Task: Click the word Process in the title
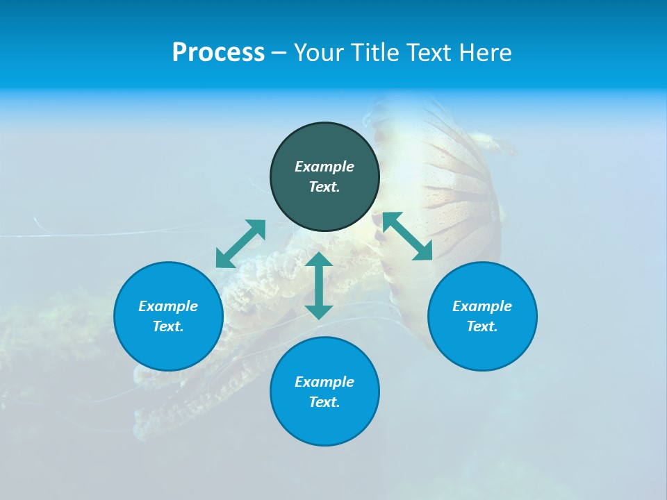coord(218,53)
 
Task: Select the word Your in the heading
coord(317,53)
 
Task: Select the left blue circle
coord(168,347)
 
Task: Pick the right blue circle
coord(482,347)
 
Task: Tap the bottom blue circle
coord(324,424)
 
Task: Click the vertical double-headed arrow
coord(319,285)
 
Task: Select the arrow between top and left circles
coord(241,244)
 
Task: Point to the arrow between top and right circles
coord(408,236)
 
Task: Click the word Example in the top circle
coord(324,167)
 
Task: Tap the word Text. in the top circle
coord(324,187)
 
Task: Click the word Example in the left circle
coord(168,306)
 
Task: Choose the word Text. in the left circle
coord(168,326)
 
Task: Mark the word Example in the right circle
coord(482,306)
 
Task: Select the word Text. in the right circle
coord(482,326)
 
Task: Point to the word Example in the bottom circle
coord(324,382)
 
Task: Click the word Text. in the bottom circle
coord(324,402)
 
